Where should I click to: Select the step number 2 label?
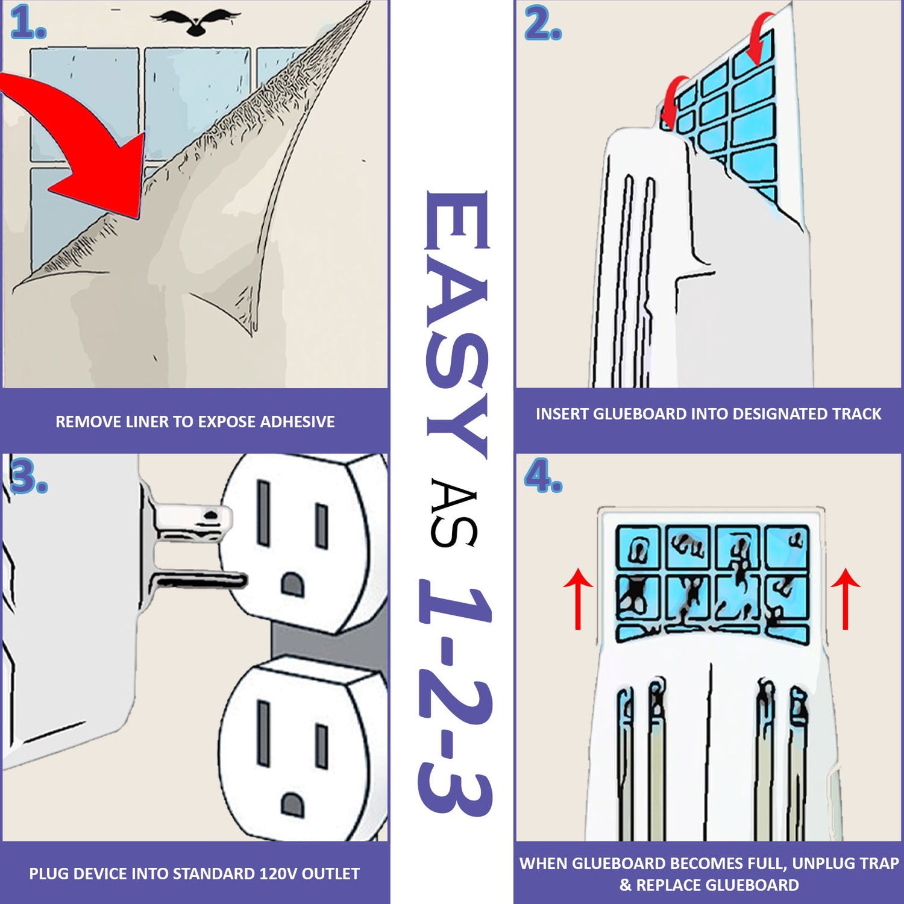[542, 25]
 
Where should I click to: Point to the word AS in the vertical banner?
[454, 513]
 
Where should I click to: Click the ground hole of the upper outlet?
[292, 583]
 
